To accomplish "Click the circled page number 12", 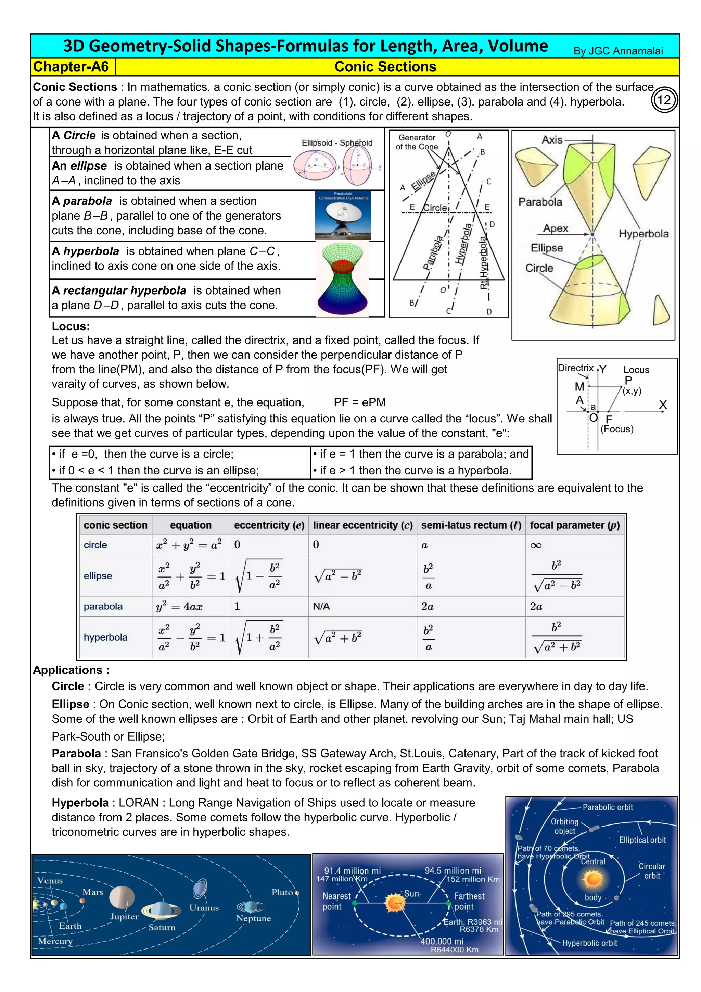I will [664, 100].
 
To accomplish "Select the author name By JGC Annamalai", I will [618, 51].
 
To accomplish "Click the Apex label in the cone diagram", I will [556, 228].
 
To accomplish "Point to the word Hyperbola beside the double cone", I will [643, 234].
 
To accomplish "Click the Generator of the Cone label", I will [417, 142].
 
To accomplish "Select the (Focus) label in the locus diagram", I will [617, 429].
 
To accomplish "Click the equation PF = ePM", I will [359, 402].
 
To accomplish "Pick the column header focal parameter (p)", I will [575, 525].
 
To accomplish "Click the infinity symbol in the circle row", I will [536, 545].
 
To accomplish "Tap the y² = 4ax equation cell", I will [179, 607].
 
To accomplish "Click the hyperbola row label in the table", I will [106, 637].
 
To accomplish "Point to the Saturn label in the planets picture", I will [162, 927].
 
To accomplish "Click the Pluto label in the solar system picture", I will [282, 892].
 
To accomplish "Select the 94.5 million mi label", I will [453, 871].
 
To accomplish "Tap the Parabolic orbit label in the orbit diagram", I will [607, 807].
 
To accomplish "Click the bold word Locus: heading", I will [71, 326].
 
